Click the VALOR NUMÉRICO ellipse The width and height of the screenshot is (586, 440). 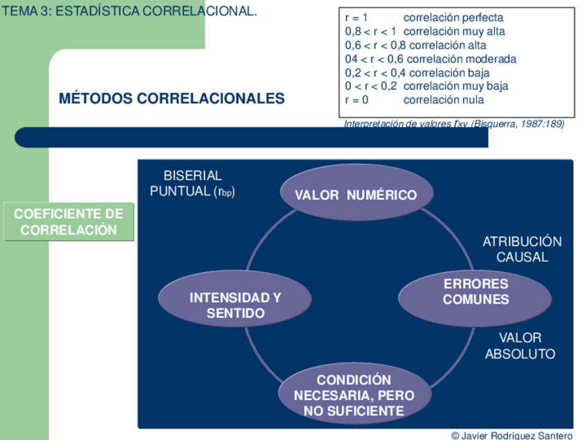(x=356, y=194)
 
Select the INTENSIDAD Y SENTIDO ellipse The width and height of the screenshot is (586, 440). (x=235, y=305)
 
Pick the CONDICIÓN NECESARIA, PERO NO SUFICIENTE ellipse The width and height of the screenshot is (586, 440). (x=355, y=396)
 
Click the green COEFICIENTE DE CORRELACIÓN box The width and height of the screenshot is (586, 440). (x=68, y=222)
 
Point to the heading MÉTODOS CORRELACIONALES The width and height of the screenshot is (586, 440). (x=171, y=98)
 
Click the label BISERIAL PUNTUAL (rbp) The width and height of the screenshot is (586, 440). (x=192, y=184)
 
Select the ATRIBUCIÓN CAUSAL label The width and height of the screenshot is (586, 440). (x=522, y=249)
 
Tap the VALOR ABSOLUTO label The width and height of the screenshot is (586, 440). (x=520, y=346)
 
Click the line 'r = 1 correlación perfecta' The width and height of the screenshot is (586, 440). (x=424, y=17)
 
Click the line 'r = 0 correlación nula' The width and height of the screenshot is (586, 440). (x=414, y=100)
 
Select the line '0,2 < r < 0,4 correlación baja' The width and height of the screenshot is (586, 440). (x=417, y=73)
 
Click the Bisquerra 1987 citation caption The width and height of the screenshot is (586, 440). (x=454, y=124)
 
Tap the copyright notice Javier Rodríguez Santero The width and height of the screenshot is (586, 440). (x=511, y=435)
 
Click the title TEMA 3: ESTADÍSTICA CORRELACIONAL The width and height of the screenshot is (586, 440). (x=130, y=11)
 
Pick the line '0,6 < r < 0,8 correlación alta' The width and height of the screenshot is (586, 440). (x=415, y=45)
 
